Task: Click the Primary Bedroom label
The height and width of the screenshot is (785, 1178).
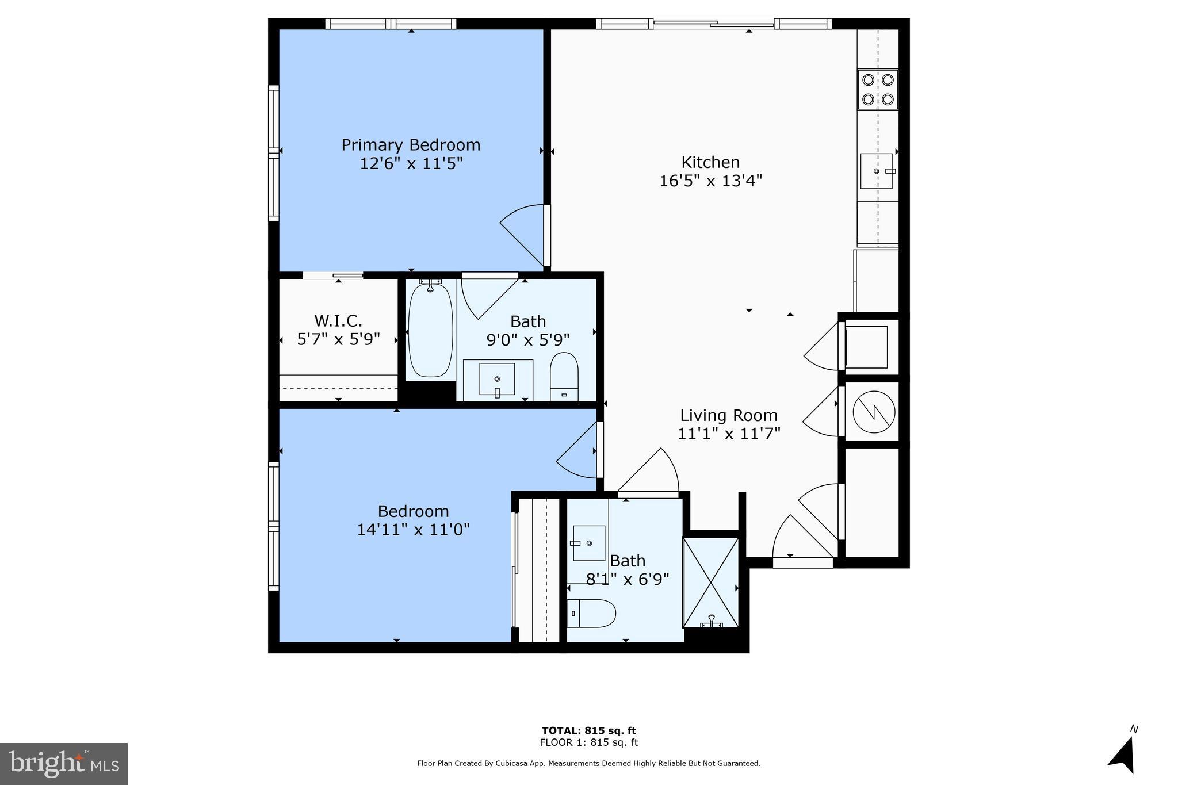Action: point(411,145)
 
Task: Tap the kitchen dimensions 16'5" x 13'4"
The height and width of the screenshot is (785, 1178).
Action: point(710,181)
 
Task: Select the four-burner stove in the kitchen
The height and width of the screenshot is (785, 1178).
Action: point(878,90)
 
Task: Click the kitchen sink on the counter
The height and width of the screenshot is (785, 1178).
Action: point(876,171)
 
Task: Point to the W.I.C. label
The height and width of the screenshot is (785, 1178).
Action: point(338,320)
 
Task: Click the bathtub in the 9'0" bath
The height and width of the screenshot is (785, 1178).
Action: point(430,331)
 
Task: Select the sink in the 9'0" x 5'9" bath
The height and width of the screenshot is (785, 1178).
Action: point(498,380)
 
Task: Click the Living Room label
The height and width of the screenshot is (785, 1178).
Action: point(728,415)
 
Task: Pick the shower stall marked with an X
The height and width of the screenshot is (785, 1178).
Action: point(711,582)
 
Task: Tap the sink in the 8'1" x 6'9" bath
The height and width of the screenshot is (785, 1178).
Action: point(588,543)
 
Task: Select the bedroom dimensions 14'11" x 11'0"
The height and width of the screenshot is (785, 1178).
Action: point(413,530)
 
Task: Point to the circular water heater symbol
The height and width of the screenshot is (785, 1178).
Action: point(874,412)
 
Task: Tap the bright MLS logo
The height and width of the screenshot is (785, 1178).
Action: point(64,764)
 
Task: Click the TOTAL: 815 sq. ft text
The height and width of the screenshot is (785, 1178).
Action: point(588,730)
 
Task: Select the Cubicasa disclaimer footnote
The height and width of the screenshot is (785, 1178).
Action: point(588,763)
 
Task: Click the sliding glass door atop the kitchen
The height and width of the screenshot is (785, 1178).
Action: point(713,24)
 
